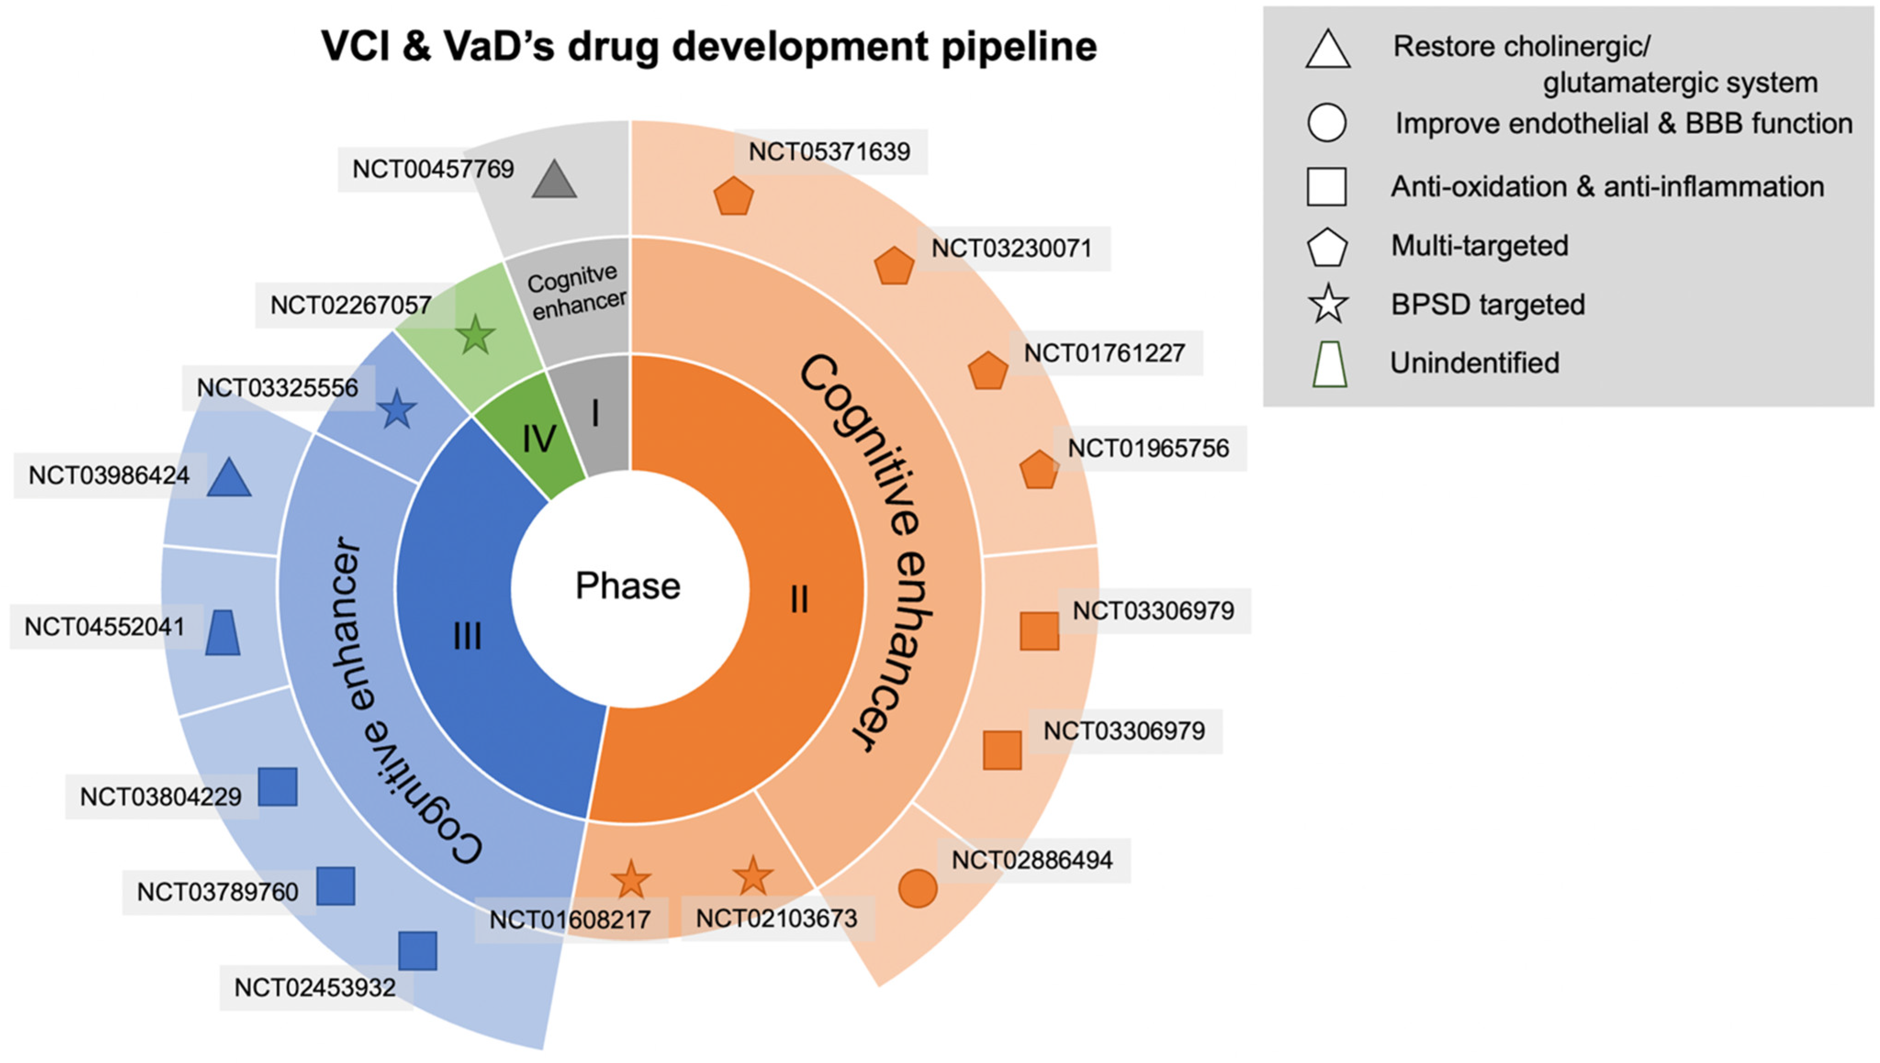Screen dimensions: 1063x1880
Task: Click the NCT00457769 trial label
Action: pos(433,169)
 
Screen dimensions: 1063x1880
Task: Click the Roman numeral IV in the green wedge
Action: pos(539,439)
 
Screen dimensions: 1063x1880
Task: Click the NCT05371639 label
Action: pos(830,152)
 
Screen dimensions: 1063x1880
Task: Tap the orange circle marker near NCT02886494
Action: pos(918,888)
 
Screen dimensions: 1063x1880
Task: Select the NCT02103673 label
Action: pos(777,918)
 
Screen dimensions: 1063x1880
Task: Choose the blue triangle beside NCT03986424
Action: pos(229,479)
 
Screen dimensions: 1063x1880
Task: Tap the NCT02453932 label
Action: pos(315,988)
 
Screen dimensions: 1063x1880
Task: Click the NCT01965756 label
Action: pos(1149,448)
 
